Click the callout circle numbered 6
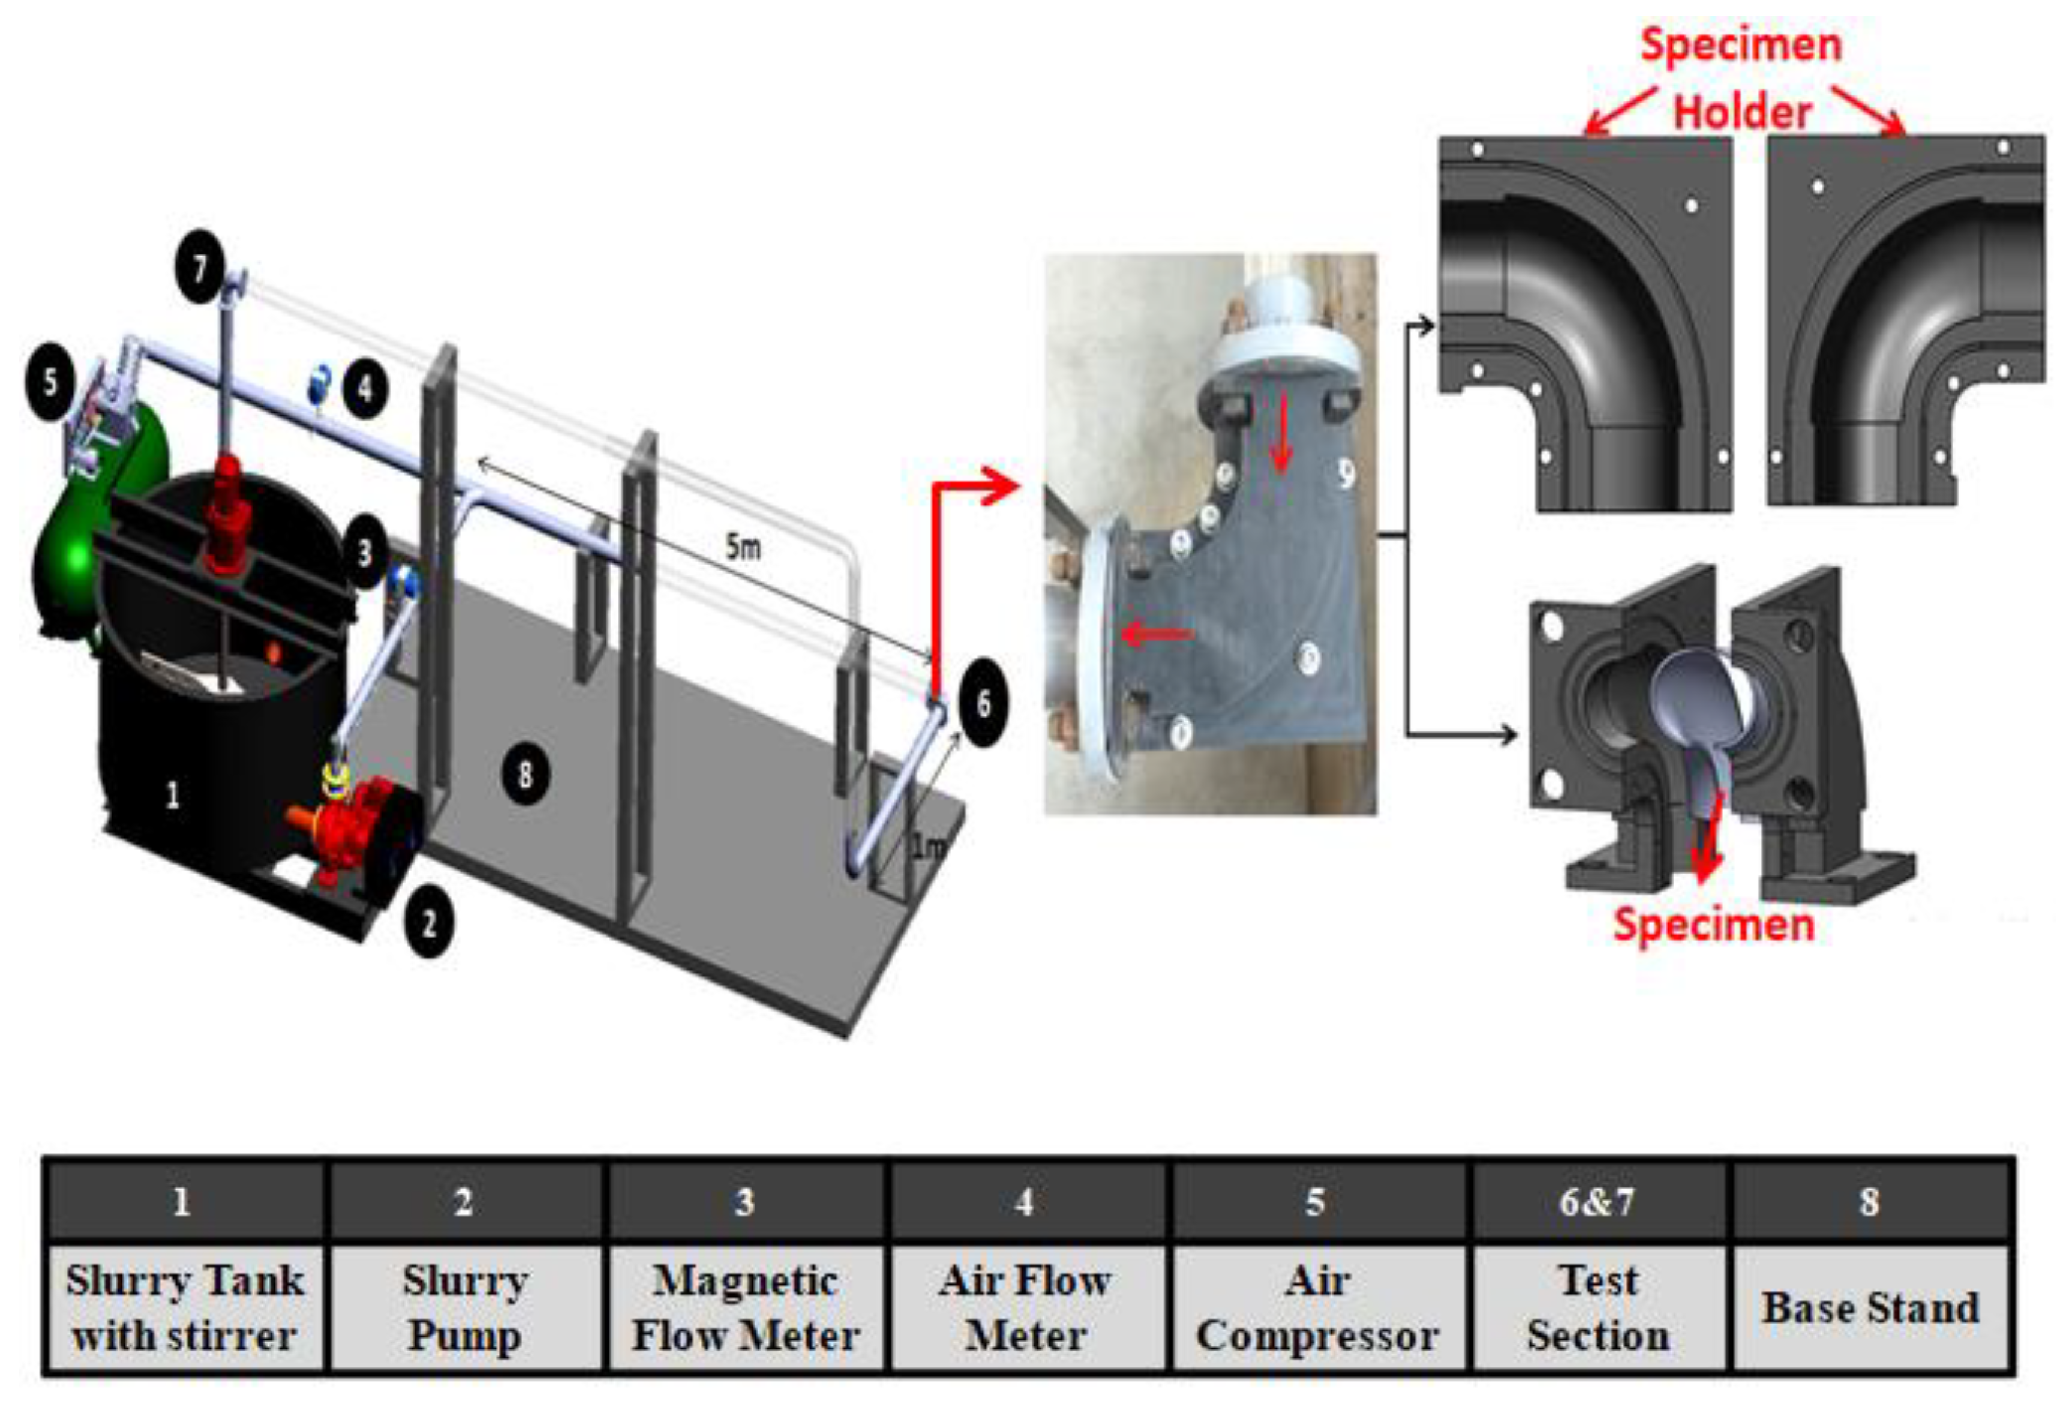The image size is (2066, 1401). [983, 703]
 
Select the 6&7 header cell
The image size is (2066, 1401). [1597, 1202]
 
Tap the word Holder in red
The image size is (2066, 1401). [1743, 113]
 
